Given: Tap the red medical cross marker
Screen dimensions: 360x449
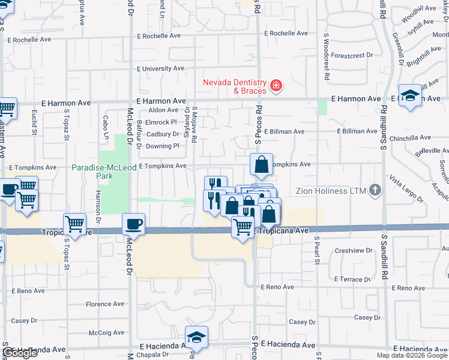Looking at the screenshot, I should [276, 86].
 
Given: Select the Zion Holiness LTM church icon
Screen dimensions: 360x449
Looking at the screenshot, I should [375, 190].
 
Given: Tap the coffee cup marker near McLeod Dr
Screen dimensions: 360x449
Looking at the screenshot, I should [134, 224].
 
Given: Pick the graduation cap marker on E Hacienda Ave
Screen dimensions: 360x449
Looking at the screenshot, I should [196, 338].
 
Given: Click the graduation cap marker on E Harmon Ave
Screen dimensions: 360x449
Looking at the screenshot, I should [410, 95].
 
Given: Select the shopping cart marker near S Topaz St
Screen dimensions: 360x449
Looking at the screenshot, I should [74, 224].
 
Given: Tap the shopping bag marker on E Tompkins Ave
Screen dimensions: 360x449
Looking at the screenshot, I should [262, 163].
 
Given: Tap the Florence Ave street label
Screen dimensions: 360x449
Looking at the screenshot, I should [104, 305].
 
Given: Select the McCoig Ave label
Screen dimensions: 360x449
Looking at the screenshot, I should [107, 332].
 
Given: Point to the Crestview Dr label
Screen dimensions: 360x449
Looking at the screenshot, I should [349, 250].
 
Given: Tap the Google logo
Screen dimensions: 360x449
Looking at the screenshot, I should [20, 353].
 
